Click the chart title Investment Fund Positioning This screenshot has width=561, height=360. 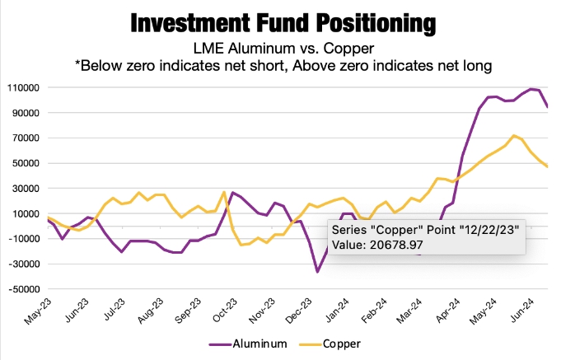point(280,21)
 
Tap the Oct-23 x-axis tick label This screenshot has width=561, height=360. point(222,314)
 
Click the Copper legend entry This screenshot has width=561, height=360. point(336,343)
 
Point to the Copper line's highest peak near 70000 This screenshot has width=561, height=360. point(514,135)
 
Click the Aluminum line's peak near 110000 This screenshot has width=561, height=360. point(531,89)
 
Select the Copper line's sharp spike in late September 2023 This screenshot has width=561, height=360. point(224,192)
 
